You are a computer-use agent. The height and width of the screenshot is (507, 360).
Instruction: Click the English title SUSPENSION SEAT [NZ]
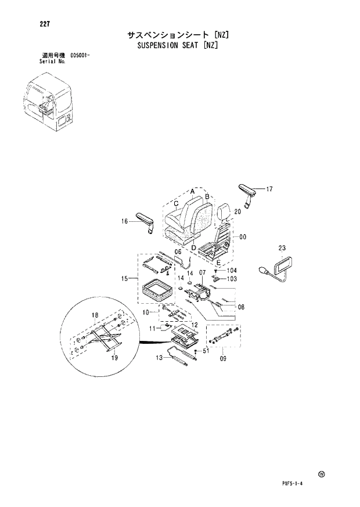(x=177, y=45)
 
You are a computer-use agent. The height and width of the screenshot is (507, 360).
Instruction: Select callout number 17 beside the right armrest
(x=269, y=189)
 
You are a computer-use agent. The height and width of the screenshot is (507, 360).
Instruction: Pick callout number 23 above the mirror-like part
(x=282, y=248)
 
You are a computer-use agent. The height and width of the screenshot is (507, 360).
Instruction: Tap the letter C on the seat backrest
(x=176, y=204)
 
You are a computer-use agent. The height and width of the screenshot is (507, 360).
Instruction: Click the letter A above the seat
(x=191, y=190)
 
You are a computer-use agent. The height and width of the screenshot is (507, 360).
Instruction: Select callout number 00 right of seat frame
(x=243, y=236)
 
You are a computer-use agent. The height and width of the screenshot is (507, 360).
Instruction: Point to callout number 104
(x=232, y=271)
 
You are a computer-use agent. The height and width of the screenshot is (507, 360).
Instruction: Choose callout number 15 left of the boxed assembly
(x=124, y=279)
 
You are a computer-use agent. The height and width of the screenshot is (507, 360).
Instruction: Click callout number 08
(x=241, y=307)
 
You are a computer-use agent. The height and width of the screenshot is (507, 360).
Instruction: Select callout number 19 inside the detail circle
(x=114, y=358)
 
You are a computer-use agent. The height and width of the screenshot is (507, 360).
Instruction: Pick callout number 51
(x=205, y=351)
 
